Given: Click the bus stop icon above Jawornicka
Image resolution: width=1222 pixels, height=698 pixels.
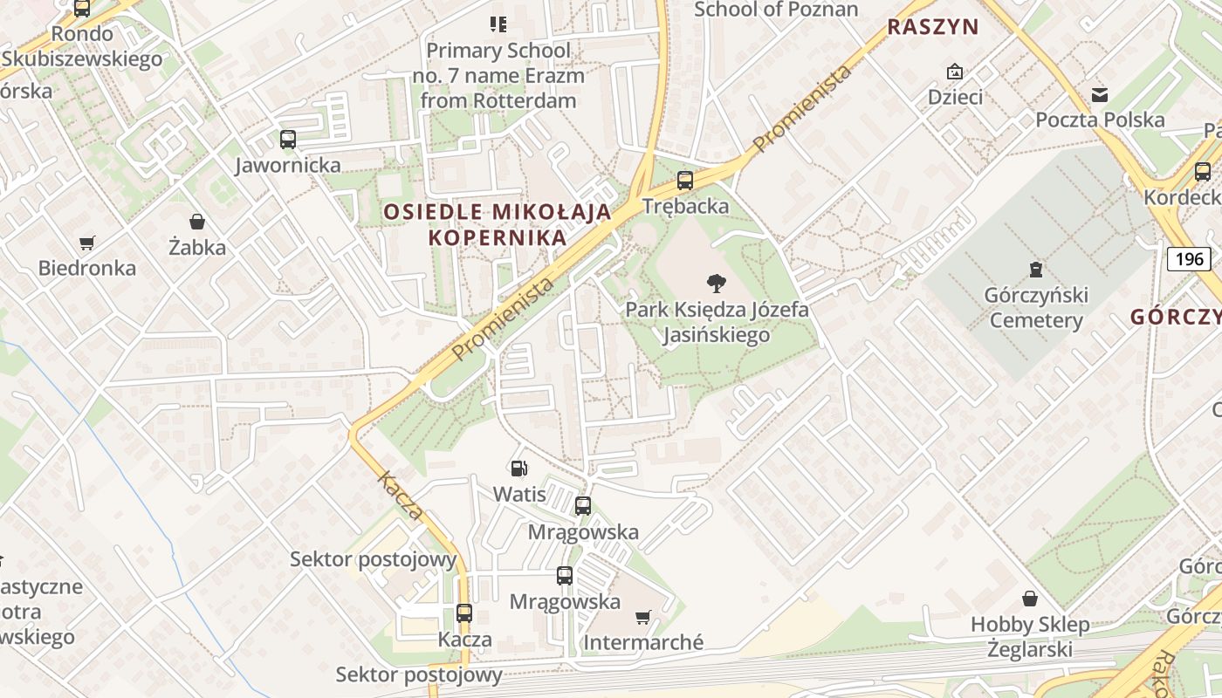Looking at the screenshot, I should pyautogui.click(x=288, y=139).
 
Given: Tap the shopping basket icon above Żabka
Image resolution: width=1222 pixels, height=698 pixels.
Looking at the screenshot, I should pyautogui.click(x=197, y=222).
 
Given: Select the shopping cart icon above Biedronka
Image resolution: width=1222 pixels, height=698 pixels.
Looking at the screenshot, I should pyautogui.click(x=86, y=243).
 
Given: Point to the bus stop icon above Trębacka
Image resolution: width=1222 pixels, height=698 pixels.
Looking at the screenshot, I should pyautogui.click(x=685, y=181).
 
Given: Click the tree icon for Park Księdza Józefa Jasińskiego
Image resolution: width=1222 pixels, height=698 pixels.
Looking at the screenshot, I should pyautogui.click(x=717, y=283).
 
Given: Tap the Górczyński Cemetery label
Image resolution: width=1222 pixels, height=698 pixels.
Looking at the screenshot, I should pyautogui.click(x=1036, y=308).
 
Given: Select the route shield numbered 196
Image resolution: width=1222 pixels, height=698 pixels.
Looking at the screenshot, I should pyautogui.click(x=1189, y=258).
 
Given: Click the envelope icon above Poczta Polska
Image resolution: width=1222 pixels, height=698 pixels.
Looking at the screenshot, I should pyautogui.click(x=1100, y=94).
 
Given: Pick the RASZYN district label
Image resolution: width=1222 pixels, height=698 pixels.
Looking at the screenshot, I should pyautogui.click(x=933, y=27).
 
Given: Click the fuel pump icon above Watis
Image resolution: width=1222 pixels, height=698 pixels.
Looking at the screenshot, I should pyautogui.click(x=518, y=469).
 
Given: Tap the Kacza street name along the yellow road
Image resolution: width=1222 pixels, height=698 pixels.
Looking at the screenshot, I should pyautogui.click(x=401, y=496).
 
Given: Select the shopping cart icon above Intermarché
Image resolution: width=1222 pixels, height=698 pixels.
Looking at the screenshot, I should pyautogui.click(x=643, y=618).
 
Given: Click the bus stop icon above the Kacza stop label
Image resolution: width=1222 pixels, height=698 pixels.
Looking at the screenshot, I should pyautogui.click(x=464, y=613).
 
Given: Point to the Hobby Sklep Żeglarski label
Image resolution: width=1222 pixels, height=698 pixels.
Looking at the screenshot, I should pyautogui.click(x=1030, y=637).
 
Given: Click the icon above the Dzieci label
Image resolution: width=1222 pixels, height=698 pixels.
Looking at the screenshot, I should pyautogui.click(x=955, y=72).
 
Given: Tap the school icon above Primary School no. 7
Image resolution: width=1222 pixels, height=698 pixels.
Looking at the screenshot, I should pyautogui.click(x=498, y=24).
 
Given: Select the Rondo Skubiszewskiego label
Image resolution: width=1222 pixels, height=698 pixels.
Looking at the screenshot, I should pyautogui.click(x=82, y=46).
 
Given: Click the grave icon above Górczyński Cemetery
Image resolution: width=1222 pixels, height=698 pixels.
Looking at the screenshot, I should pyautogui.click(x=1036, y=269).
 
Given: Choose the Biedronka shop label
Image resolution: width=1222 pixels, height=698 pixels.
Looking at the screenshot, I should pyautogui.click(x=86, y=268).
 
